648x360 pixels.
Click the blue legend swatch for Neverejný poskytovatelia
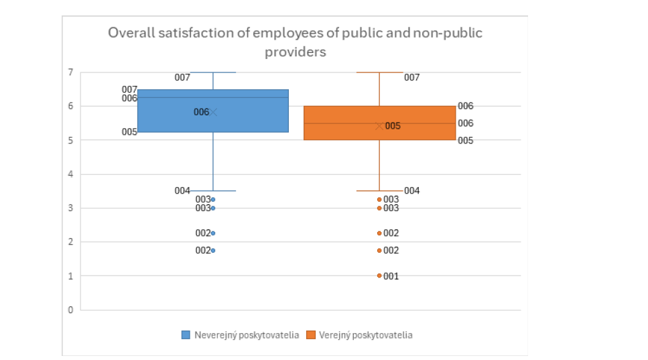coord(186,335)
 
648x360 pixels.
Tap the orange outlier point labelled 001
coord(379,276)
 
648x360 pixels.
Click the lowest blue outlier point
coord(213,250)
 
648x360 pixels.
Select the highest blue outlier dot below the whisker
coord(213,199)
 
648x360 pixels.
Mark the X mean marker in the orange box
coord(379,125)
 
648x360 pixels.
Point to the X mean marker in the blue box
coord(213,112)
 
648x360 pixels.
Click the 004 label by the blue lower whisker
coord(182,191)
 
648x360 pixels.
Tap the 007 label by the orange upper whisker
coord(412,78)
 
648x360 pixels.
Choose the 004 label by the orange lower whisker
coord(412,191)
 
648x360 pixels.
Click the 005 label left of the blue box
coord(129,132)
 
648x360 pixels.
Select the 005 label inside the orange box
coord(393,126)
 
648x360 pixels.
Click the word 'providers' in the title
coord(296,52)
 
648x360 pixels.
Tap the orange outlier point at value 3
coord(379,208)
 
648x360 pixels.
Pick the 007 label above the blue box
coord(182,78)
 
